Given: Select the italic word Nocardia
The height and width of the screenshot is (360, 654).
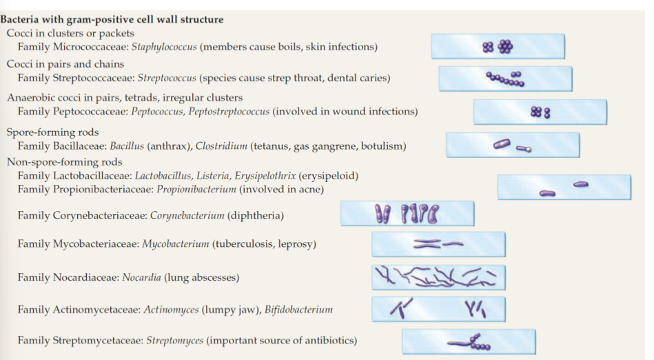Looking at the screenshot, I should [141, 278].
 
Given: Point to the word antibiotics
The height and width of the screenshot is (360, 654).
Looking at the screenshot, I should [327, 341].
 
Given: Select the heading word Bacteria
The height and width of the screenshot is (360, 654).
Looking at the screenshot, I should [21, 19].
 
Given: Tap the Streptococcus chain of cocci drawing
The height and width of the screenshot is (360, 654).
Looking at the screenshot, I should [506, 79].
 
